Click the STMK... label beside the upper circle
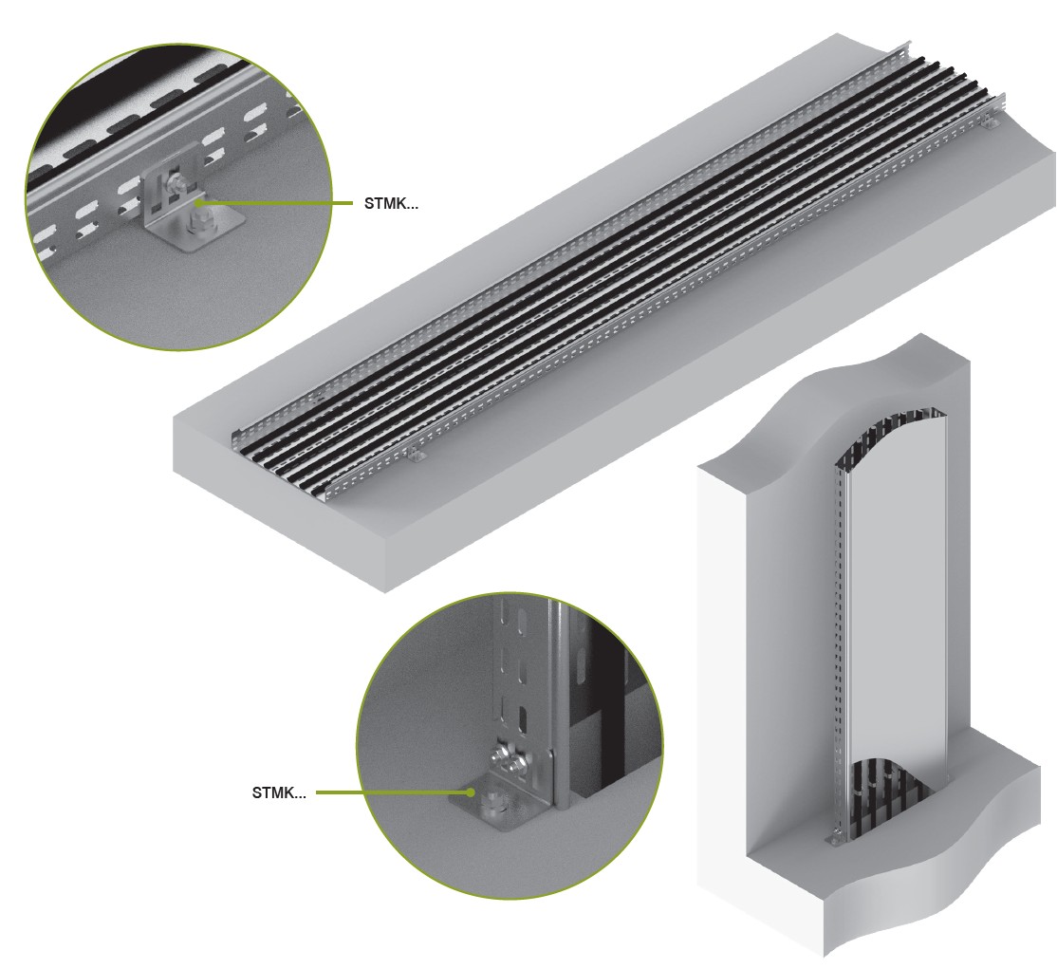(391, 203)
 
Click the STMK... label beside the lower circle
(279, 792)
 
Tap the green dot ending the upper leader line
(199, 202)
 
